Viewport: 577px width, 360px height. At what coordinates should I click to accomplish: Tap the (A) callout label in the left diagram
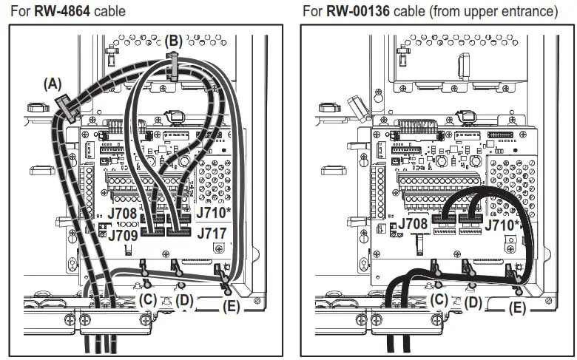pyautogui.click(x=53, y=84)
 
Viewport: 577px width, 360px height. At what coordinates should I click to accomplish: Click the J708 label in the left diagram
pyautogui.click(x=123, y=214)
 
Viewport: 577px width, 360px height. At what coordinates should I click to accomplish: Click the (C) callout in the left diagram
pyautogui.click(x=148, y=299)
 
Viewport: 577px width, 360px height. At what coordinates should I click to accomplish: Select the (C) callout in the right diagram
pyautogui.click(x=440, y=299)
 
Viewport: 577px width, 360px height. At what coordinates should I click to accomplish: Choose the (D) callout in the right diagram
pyautogui.click(x=473, y=302)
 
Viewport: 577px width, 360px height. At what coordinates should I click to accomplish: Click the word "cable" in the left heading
pyautogui.click(x=109, y=11)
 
